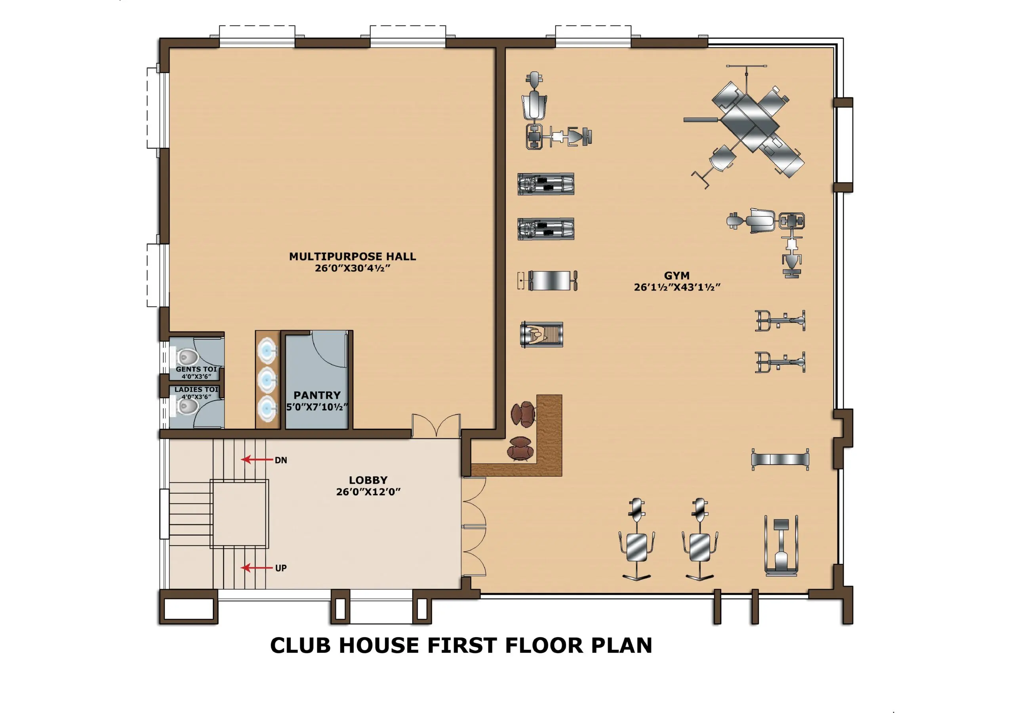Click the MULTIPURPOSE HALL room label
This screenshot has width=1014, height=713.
353,257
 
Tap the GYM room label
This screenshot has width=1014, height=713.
677,276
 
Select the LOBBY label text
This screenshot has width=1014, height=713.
368,480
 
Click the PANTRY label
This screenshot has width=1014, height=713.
317,395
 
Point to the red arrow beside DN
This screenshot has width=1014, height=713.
257,460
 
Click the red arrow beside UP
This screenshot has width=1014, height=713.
257,568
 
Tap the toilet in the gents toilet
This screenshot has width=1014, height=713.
187,357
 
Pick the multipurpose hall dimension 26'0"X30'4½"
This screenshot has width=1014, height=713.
353,268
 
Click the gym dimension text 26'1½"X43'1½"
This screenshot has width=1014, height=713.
677,287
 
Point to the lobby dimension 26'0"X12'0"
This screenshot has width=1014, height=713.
368,492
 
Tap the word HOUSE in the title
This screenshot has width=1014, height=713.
379,645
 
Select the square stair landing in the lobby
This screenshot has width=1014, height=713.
239,514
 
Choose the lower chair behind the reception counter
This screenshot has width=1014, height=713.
520,449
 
